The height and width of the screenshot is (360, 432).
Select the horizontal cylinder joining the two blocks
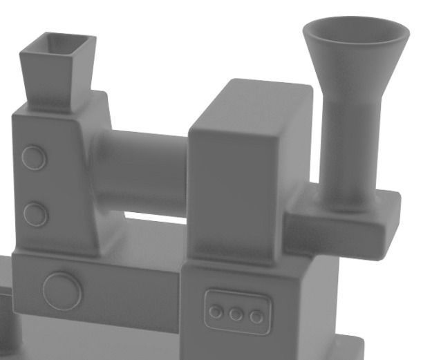pyautogui.click(x=142, y=173)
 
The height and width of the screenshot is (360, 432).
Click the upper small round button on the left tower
pyautogui.click(x=34, y=158)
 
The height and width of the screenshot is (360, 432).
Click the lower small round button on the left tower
pyautogui.click(x=35, y=214)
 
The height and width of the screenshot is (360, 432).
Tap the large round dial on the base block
pyautogui.click(x=62, y=290)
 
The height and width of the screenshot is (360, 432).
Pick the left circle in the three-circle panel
pyautogui.click(x=216, y=312)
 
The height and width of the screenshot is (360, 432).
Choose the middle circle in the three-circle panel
pyautogui.click(x=236, y=314)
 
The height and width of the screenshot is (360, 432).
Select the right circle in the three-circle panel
pyautogui.click(x=256, y=316)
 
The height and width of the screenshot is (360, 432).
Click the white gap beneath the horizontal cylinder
pyautogui.click(x=156, y=218)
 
